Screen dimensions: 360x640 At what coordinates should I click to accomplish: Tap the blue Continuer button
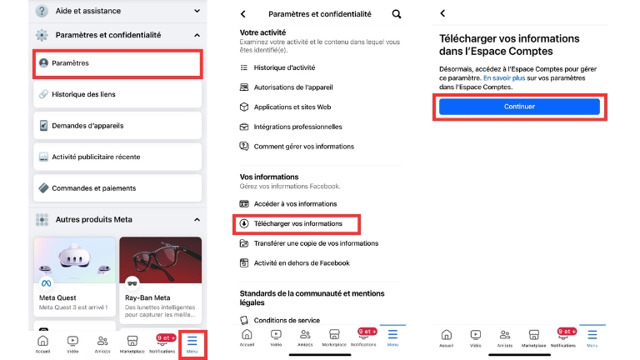point(519,107)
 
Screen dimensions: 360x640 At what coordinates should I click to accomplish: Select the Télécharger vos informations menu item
point(297,223)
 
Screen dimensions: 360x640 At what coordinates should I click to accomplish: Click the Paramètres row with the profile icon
point(117,62)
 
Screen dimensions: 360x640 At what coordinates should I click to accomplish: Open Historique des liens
point(117,94)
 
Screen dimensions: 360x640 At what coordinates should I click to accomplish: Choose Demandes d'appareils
point(117,126)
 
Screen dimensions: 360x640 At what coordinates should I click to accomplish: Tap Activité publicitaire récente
point(117,157)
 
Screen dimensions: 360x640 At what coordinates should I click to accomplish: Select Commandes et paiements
point(117,187)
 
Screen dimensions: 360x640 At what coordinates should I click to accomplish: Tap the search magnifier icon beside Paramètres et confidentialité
point(396,14)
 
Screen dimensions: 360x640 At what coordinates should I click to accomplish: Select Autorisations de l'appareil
point(294,87)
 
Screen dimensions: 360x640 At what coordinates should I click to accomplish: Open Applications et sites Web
point(292,107)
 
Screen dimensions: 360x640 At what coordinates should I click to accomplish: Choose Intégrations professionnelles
point(297,127)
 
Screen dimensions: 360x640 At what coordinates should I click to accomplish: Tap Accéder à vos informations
point(295,203)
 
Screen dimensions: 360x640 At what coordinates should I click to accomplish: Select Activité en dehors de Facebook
point(301,263)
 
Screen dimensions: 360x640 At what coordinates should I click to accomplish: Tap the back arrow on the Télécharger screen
point(442,14)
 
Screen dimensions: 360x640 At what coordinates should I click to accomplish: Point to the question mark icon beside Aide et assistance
point(42,11)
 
